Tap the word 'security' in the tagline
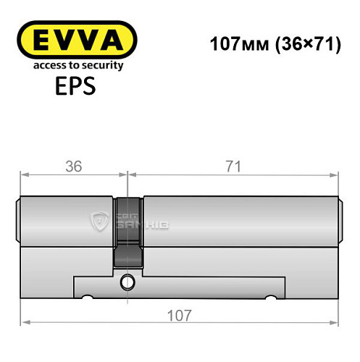101,65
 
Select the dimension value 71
233,166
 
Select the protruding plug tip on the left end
18,220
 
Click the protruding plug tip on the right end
340,220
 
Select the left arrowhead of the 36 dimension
24,174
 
